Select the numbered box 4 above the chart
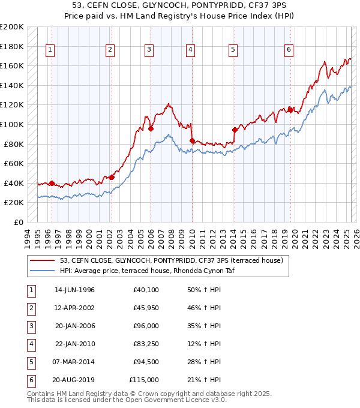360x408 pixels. pos(190,50)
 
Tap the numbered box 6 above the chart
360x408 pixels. pos(289,50)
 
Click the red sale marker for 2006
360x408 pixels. pos(151,128)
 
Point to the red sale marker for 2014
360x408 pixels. pos(235,130)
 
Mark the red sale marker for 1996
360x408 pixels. pos(52,183)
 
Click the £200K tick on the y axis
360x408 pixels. pos(12,27)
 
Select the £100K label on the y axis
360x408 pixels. pos(12,124)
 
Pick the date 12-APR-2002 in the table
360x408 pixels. pos(74,308)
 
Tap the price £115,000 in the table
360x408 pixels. pos(144,380)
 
